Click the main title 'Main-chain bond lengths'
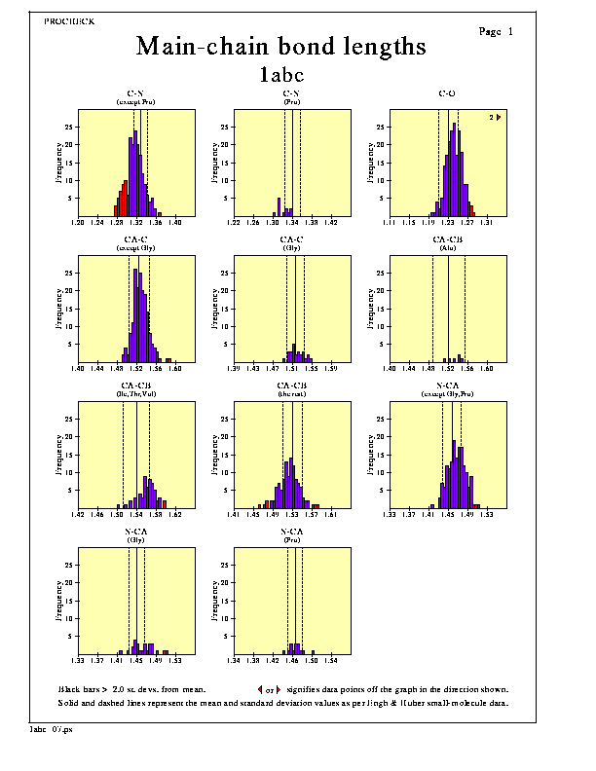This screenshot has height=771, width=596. tap(280, 46)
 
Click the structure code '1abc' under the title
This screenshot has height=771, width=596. tap(281, 73)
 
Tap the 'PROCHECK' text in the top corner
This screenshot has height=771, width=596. tap(69, 20)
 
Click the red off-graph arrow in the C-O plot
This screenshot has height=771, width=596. tap(499, 117)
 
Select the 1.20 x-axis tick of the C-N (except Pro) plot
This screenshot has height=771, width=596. tap(79, 223)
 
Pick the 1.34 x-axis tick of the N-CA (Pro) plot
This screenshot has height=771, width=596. tap(235, 661)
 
